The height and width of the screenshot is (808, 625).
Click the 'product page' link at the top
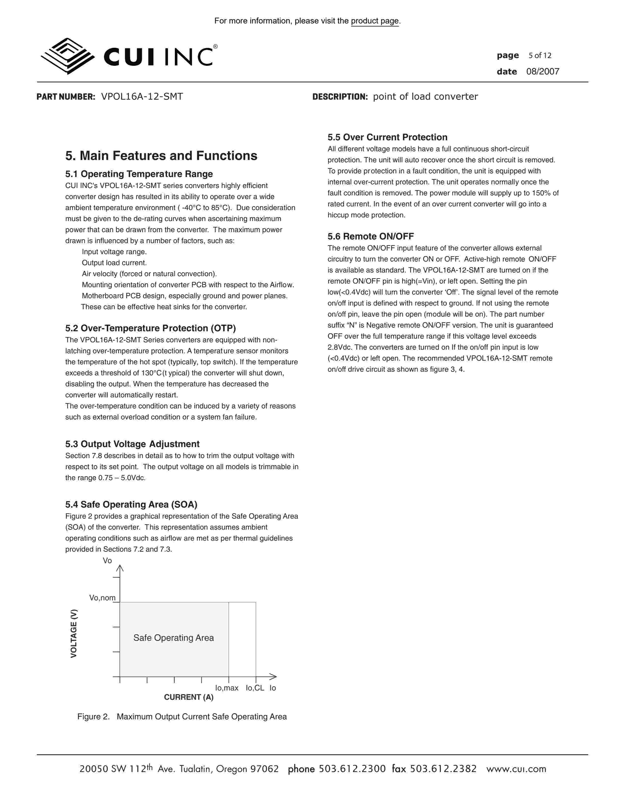point(375,21)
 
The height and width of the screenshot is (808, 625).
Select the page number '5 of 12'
point(540,56)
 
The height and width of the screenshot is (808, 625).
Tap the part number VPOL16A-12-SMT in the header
point(142,96)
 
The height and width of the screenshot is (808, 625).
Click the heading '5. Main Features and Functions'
point(161,156)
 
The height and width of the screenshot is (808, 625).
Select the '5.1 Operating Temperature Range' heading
point(139,174)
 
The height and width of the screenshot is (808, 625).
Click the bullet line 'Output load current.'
point(114,263)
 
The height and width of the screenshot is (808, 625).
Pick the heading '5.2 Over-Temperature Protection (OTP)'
point(150,328)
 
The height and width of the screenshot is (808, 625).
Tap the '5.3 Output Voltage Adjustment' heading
point(132,444)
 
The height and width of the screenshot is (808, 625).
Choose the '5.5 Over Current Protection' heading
point(387,137)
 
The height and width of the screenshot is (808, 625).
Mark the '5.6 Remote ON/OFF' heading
point(371,237)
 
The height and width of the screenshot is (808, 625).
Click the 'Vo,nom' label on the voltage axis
point(102,598)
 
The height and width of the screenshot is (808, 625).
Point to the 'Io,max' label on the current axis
point(227,688)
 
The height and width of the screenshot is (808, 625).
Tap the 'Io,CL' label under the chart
point(255,688)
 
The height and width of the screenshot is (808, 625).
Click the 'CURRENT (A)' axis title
point(188,697)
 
